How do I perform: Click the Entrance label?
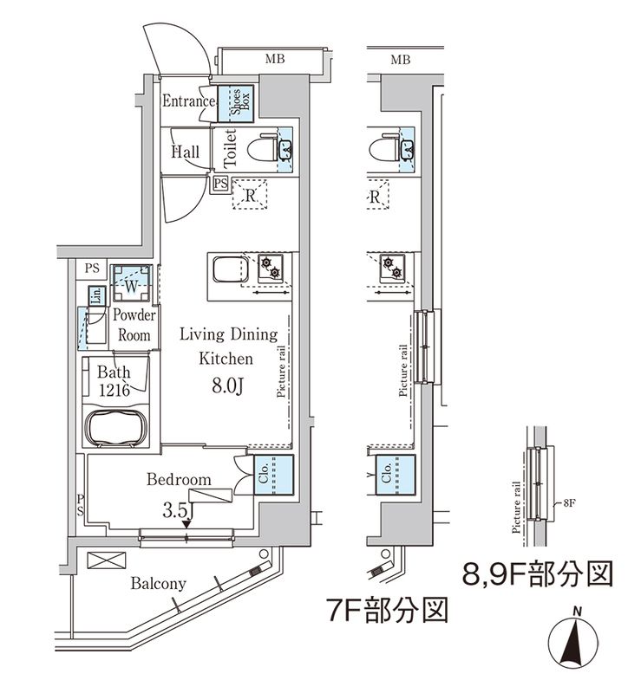coord(188,101)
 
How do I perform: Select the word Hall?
coord(185,152)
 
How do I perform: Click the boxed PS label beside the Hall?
coord(220,183)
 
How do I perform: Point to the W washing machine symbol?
coord(129,284)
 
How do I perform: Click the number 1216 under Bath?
coord(113,391)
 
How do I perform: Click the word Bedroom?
coord(179,479)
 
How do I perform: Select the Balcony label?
coord(158,583)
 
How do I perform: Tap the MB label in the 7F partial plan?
coord(400,60)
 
